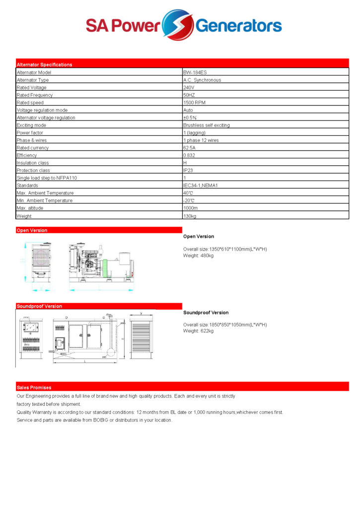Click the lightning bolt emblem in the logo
click(178, 25)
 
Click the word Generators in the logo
click(239, 25)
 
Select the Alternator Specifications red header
click(45, 64)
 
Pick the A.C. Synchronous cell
click(202, 80)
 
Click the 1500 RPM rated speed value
click(194, 103)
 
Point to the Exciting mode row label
click(31, 126)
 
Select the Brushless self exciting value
click(207, 126)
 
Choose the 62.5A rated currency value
click(190, 148)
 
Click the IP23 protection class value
click(188, 171)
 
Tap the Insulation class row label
click(33, 163)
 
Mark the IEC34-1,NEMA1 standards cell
click(201, 186)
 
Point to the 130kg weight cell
click(190, 216)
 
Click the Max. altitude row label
click(30, 208)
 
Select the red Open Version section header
click(32, 230)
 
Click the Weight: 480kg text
click(198, 255)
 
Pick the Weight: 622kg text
click(198, 331)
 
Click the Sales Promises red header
click(34, 387)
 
